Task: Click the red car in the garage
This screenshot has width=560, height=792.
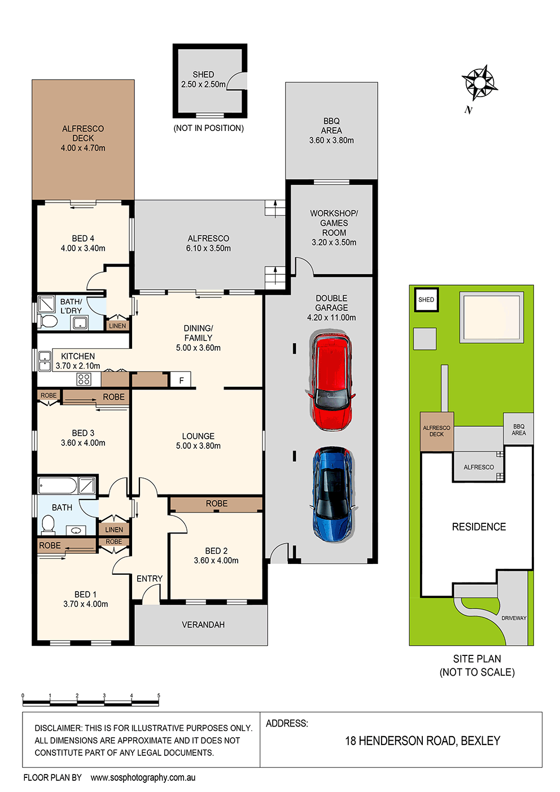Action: click(331, 382)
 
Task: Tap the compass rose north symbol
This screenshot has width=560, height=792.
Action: click(479, 83)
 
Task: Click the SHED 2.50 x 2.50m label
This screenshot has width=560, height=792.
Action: click(203, 80)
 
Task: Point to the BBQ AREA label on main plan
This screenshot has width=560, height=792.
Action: click(331, 130)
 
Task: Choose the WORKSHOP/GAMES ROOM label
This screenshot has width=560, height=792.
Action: click(334, 227)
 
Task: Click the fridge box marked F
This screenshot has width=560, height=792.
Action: click(181, 380)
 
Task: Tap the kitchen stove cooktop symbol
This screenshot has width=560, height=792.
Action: click(84, 379)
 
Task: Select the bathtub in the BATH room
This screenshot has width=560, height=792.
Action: click(58, 485)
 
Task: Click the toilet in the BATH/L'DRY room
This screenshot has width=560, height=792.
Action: click(49, 322)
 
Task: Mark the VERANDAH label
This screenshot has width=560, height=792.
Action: click(203, 625)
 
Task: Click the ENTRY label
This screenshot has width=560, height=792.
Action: click(150, 579)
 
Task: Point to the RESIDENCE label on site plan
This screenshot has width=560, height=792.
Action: click(479, 527)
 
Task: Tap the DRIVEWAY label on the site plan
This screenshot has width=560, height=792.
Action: click(514, 618)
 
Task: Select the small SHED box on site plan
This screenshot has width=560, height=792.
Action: click(426, 300)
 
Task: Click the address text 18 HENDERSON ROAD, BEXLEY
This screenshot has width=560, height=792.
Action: click(422, 741)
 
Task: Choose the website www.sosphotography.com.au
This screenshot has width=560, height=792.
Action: click(143, 777)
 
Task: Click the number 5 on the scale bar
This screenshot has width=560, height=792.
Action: click(159, 696)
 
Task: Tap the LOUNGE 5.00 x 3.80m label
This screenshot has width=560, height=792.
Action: click(198, 441)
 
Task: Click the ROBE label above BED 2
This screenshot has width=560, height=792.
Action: click(216, 504)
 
